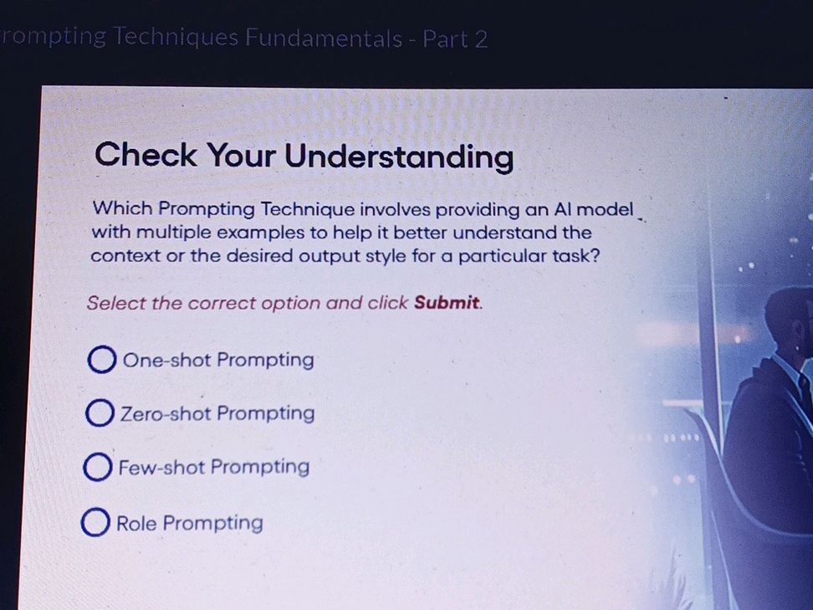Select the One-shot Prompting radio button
(101, 361)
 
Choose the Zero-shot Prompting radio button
(100, 413)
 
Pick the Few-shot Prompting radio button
(98, 468)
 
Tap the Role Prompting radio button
(95, 524)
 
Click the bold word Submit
(447, 303)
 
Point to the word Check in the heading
(146, 156)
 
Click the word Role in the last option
(136, 524)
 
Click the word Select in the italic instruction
(115, 303)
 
